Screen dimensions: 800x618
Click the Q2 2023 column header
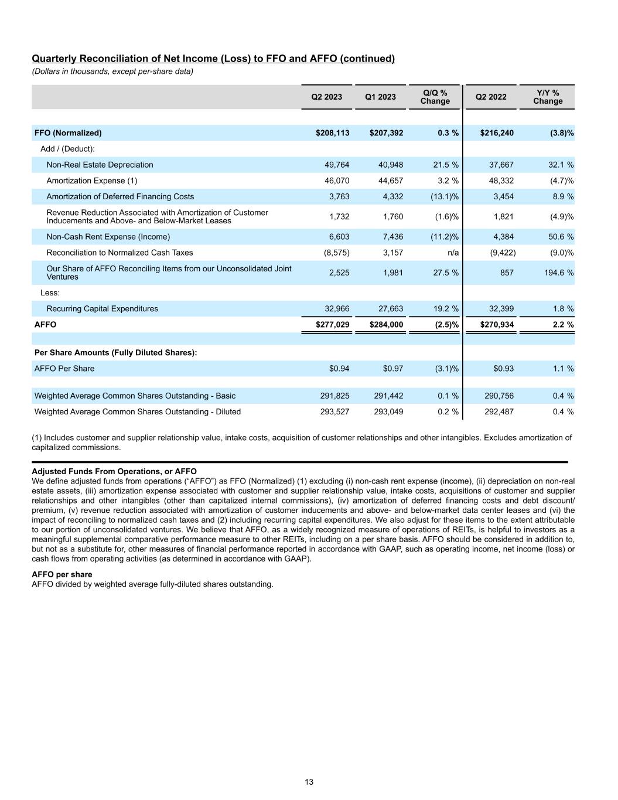point(326,97)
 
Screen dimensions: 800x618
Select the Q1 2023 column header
point(380,97)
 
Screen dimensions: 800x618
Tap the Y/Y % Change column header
point(548,97)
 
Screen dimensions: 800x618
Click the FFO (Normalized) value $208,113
point(332,133)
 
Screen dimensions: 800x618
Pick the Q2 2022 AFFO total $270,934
point(497,324)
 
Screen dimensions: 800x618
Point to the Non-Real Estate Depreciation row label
point(100,165)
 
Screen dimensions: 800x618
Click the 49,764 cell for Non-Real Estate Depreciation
point(337,165)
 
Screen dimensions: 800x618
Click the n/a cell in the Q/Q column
point(452,253)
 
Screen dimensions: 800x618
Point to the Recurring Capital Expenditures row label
point(102,308)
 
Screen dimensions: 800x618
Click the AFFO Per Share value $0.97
point(392,369)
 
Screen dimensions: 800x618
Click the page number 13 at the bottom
point(309,782)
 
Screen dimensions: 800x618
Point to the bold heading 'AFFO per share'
point(62,574)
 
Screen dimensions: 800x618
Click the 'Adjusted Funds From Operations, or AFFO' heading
point(114,471)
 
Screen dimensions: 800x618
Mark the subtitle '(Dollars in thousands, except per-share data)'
point(112,72)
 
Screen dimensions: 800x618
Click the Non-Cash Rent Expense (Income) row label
point(108,237)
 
